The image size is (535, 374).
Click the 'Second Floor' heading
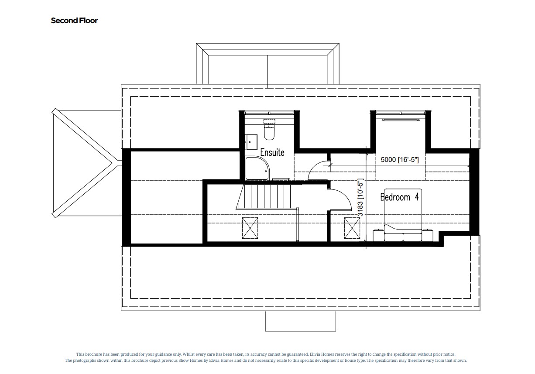coord(74,21)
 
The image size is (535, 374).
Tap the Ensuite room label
coord(272,152)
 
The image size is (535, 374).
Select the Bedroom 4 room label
coord(399,197)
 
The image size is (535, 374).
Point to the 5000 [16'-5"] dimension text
coord(400,160)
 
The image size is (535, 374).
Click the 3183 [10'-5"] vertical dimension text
coord(361,199)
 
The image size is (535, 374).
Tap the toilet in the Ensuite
coord(269,131)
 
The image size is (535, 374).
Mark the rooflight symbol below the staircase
coord(250,228)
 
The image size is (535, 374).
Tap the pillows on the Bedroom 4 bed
coord(402,237)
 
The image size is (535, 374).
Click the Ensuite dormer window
coord(269,113)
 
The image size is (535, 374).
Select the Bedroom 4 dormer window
coord(400,113)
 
